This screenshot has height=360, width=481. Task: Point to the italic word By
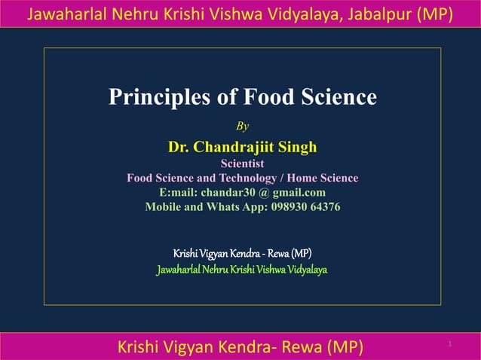243,126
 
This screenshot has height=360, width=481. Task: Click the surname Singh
298,146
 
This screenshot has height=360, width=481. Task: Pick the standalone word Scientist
242,162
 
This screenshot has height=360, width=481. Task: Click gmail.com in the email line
299,192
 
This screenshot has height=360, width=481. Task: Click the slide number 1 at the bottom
449,344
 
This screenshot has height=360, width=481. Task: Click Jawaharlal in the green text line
177,269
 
